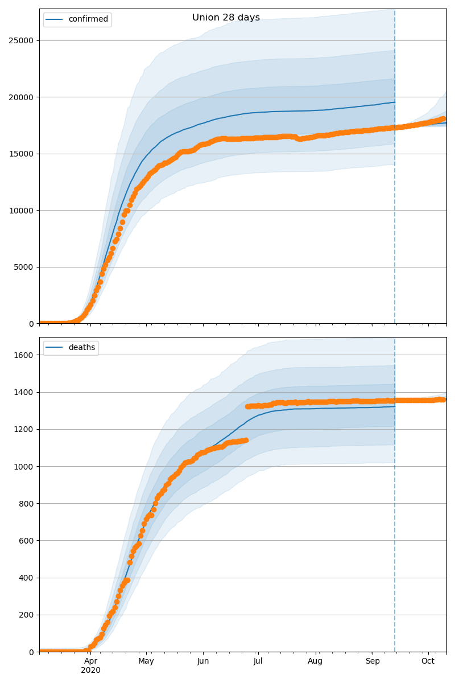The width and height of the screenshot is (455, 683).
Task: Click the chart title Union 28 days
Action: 226,18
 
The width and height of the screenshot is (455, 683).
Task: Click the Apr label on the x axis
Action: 91,661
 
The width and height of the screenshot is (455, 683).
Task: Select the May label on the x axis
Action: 146,661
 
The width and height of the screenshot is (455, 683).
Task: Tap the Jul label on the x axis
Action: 258,661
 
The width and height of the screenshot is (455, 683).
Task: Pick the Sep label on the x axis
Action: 373,661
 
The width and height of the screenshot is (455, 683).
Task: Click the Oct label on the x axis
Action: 428,661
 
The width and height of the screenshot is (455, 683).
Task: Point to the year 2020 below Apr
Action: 91,670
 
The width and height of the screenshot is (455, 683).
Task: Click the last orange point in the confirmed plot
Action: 442,119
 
